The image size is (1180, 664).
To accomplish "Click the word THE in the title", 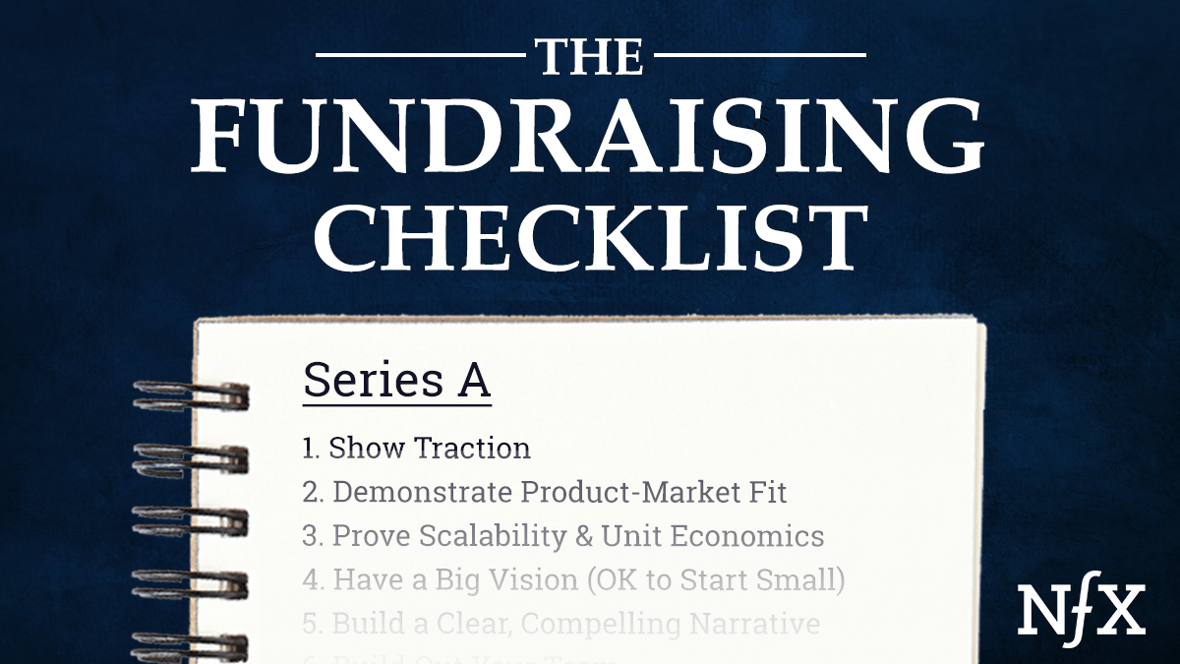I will coord(590,57).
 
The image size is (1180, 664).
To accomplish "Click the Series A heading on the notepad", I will coord(396,380).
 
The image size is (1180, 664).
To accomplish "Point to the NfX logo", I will coord(1082,610).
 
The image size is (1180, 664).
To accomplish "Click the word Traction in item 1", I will coord(472,449).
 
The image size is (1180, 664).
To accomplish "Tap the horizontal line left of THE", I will coord(423,54).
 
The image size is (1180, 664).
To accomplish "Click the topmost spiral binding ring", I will coord(192,396).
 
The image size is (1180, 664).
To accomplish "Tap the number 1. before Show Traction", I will coord(312,449).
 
